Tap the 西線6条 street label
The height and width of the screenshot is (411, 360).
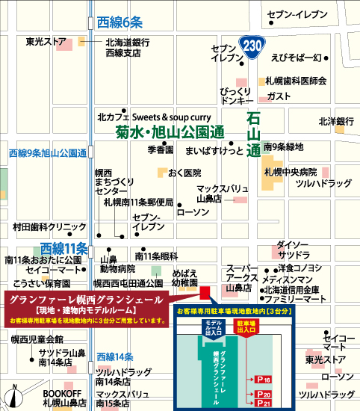(x=120, y=24)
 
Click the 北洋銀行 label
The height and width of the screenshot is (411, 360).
(x=336, y=121)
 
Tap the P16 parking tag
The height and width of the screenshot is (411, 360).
(x=262, y=380)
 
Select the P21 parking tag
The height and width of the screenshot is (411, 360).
(x=262, y=404)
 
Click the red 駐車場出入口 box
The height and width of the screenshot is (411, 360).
(x=246, y=325)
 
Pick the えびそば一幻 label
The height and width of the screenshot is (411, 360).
(x=296, y=58)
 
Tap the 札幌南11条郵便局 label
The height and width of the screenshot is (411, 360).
(x=138, y=203)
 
